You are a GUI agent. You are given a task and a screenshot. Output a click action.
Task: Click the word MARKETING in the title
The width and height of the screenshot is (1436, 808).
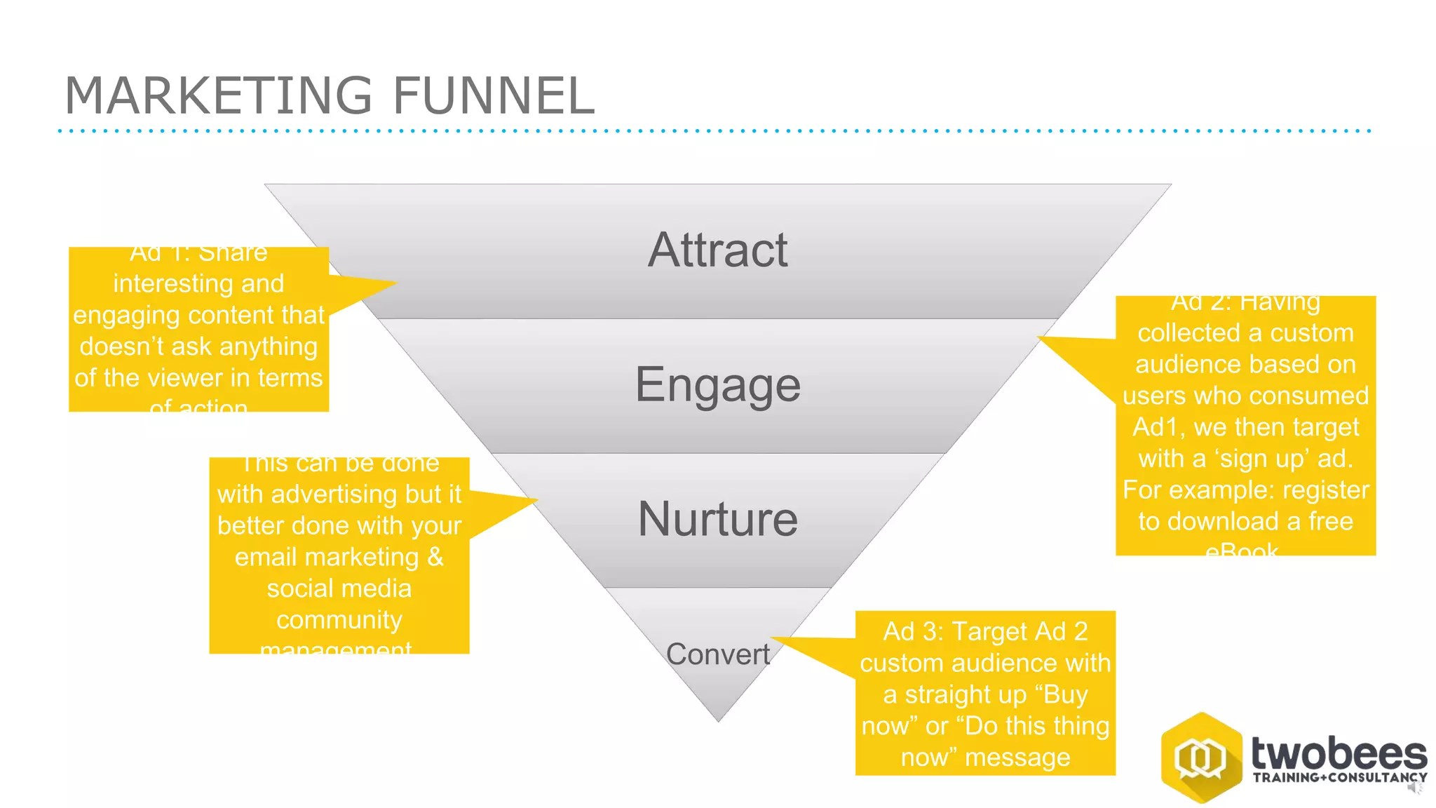pos(217,96)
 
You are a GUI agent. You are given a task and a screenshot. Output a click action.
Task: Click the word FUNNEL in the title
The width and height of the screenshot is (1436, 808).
pos(493,96)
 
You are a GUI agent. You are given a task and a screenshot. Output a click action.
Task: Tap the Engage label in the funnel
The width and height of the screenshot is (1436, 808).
pos(717,384)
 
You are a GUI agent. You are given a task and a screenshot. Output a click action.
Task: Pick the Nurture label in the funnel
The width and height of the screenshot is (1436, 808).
pos(717,519)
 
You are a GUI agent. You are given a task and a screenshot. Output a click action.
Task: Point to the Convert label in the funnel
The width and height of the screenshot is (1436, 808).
pos(717,654)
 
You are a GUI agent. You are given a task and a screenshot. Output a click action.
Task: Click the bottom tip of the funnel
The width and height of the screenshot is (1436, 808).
pos(718,719)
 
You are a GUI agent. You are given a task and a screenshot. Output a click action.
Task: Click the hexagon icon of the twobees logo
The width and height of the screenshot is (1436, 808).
pos(1201,757)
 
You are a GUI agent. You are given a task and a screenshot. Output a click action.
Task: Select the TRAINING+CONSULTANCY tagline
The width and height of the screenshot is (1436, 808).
pos(1339,778)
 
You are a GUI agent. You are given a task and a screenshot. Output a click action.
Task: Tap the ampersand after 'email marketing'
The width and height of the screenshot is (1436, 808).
pos(435,557)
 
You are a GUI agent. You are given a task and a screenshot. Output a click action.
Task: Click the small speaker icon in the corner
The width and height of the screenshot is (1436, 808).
pos(1415,788)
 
